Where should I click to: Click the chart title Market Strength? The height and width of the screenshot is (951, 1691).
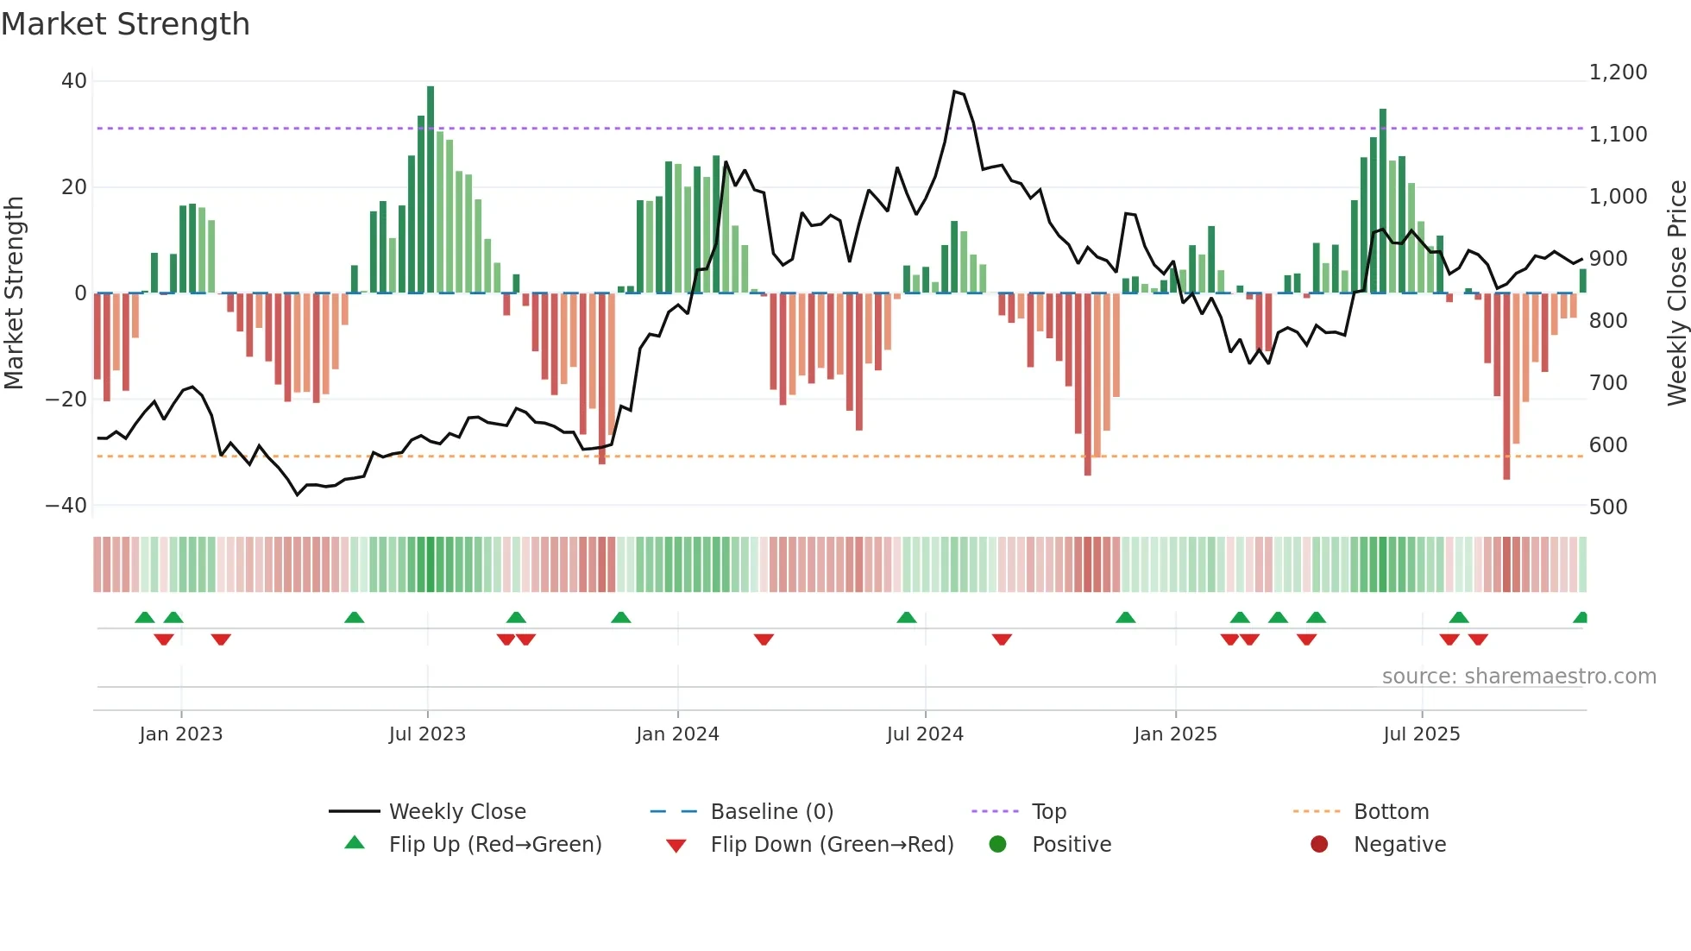[x=125, y=24]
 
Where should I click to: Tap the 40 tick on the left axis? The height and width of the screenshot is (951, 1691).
[x=74, y=81]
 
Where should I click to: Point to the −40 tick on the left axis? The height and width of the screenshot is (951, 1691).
[x=66, y=506]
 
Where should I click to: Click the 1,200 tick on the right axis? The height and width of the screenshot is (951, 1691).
[x=1618, y=72]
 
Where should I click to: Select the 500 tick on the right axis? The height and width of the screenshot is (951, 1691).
[x=1608, y=507]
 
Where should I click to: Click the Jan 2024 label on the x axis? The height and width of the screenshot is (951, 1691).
[x=677, y=734]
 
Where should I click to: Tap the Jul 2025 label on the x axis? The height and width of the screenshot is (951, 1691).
[x=1421, y=734]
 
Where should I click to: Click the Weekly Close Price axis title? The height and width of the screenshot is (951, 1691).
[x=1676, y=293]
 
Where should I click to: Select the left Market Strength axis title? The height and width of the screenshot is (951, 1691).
[x=14, y=293]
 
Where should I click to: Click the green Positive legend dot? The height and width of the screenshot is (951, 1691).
[x=998, y=845]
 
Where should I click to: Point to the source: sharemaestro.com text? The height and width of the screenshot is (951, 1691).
[x=1518, y=677]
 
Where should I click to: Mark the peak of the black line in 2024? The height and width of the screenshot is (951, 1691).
[x=954, y=91]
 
